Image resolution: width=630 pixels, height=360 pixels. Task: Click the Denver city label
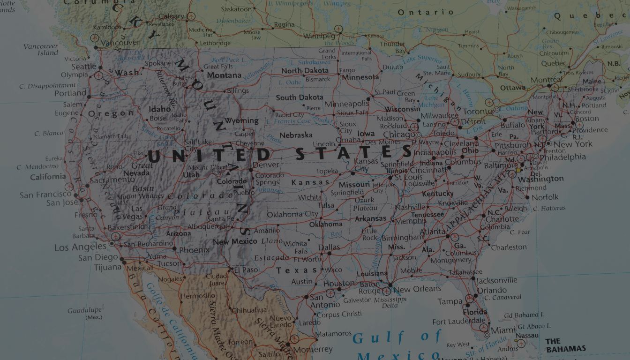click(266, 165)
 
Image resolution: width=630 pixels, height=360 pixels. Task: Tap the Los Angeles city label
click(80, 247)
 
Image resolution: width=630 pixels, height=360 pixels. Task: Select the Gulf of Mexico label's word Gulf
click(371, 337)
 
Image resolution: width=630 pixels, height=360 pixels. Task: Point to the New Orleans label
click(420, 289)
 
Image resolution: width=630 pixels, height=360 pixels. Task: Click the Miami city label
click(503, 330)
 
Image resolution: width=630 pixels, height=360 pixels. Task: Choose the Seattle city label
click(84, 67)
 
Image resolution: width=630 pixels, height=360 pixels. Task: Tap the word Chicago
click(399, 135)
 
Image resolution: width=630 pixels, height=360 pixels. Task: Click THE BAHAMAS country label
click(566, 345)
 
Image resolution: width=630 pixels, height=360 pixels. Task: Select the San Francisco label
click(45, 194)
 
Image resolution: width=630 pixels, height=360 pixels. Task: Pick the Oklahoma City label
click(292, 214)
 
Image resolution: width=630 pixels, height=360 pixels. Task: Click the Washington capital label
click(541, 179)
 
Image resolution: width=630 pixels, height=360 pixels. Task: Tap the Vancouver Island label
click(41, 49)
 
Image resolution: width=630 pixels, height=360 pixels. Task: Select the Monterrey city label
click(313, 349)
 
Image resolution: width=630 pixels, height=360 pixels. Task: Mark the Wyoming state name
click(241, 120)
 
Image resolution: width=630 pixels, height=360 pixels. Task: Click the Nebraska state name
click(296, 135)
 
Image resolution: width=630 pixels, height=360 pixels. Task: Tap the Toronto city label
click(478, 112)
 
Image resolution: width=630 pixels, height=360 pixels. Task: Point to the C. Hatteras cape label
click(549, 208)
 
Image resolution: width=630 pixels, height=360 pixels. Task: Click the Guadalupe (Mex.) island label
click(85, 313)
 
